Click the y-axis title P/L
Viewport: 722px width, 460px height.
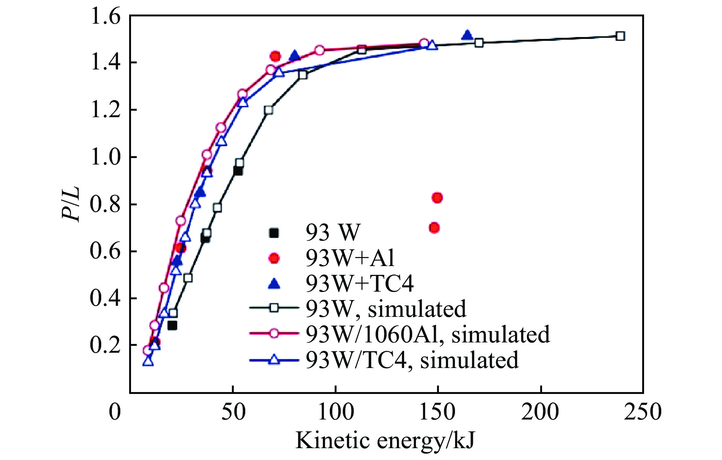click(x=71, y=204)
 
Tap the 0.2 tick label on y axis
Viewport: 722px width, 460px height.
click(x=105, y=345)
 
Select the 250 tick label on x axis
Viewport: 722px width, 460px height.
click(x=643, y=412)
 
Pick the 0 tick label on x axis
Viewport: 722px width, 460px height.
click(x=115, y=412)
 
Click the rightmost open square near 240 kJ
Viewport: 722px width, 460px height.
click(x=620, y=36)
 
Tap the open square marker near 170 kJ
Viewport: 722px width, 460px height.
click(x=479, y=43)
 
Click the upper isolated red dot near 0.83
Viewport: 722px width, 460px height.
click(x=437, y=198)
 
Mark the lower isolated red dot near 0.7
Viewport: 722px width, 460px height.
click(x=434, y=228)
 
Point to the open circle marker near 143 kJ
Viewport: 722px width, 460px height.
click(x=424, y=44)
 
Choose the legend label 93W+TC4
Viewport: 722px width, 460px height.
click(x=359, y=283)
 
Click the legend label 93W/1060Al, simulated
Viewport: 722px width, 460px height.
click(x=427, y=334)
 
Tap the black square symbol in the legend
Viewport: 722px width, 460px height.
click(x=274, y=232)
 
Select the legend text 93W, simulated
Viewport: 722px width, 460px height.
click(x=386, y=308)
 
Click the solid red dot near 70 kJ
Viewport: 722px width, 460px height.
click(x=275, y=56)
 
